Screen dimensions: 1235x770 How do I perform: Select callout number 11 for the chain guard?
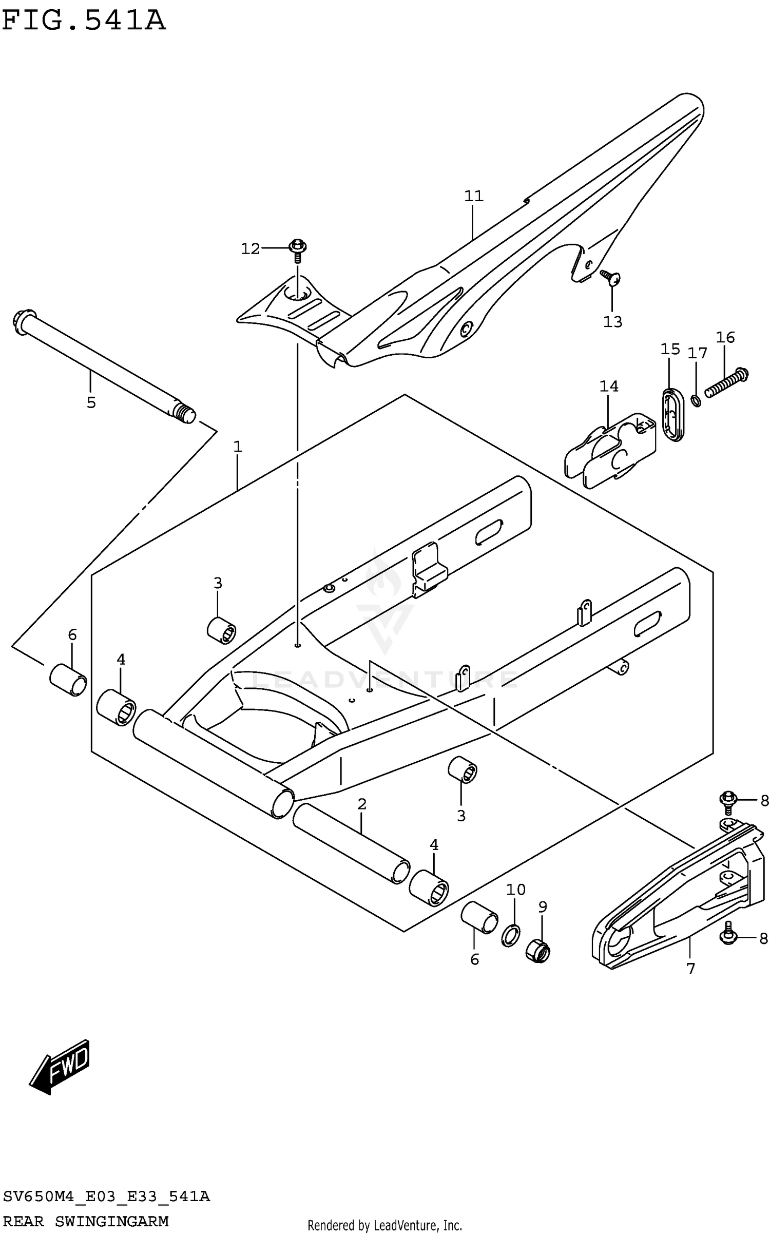pos(473,196)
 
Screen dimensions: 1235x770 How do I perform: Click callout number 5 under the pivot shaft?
pos(91,402)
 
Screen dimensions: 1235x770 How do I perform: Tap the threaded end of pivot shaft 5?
pos(185,413)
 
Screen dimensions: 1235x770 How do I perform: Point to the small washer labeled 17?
pos(696,400)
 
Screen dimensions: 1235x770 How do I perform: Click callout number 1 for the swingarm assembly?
pos(237,447)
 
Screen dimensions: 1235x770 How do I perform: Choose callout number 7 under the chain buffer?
pos(690,969)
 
